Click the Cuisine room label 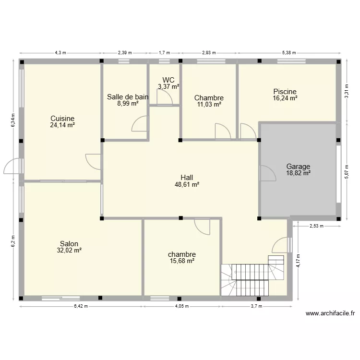click(x=62, y=118)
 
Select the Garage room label click(x=298, y=167)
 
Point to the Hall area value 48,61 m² click(x=187, y=184)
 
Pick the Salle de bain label click(x=127, y=96)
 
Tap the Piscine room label click(x=285, y=91)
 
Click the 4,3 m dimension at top click(x=60, y=53)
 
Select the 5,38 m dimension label click(x=289, y=53)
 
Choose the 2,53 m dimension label click(x=315, y=225)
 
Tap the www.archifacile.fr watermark click(x=330, y=314)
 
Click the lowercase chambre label click(x=182, y=254)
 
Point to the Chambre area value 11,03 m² click(x=209, y=104)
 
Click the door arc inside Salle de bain click(x=140, y=123)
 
